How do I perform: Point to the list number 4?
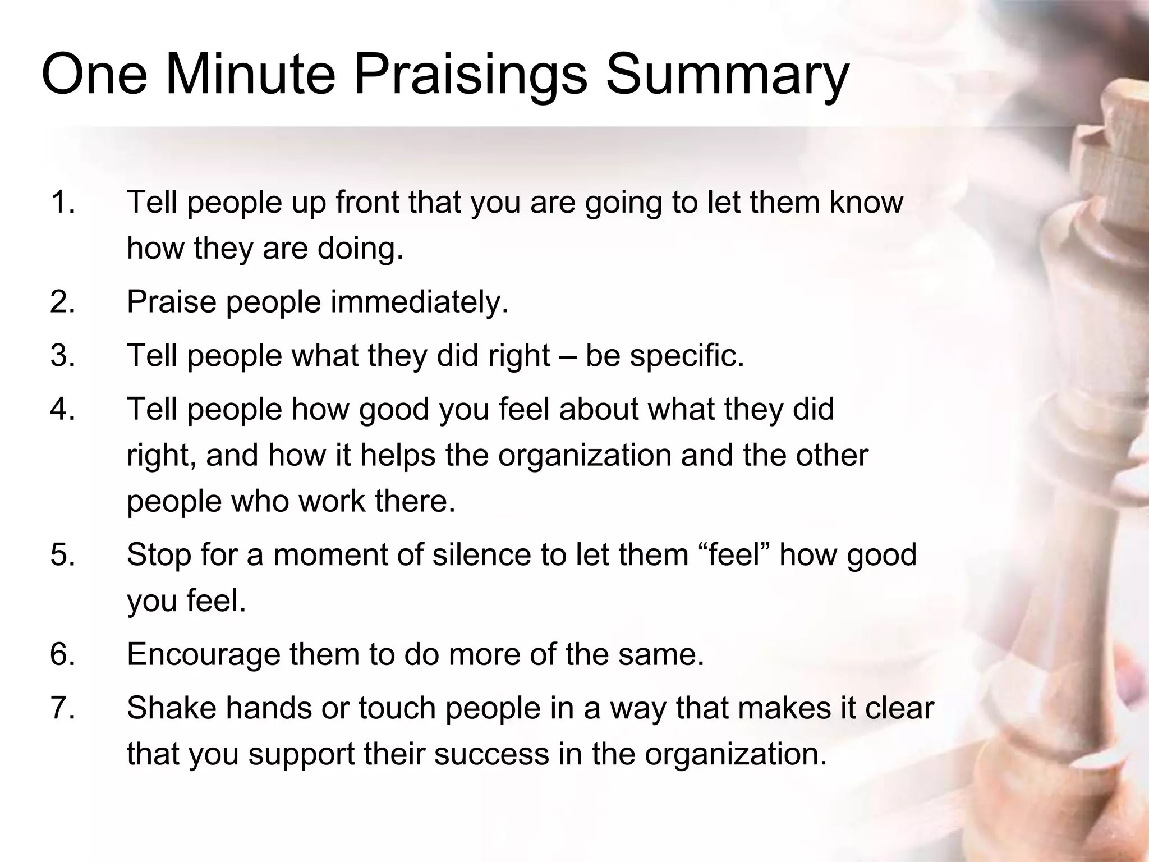click(62, 409)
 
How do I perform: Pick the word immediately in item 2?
click(419, 302)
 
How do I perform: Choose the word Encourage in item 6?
click(203, 654)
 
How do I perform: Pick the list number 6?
click(62, 654)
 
